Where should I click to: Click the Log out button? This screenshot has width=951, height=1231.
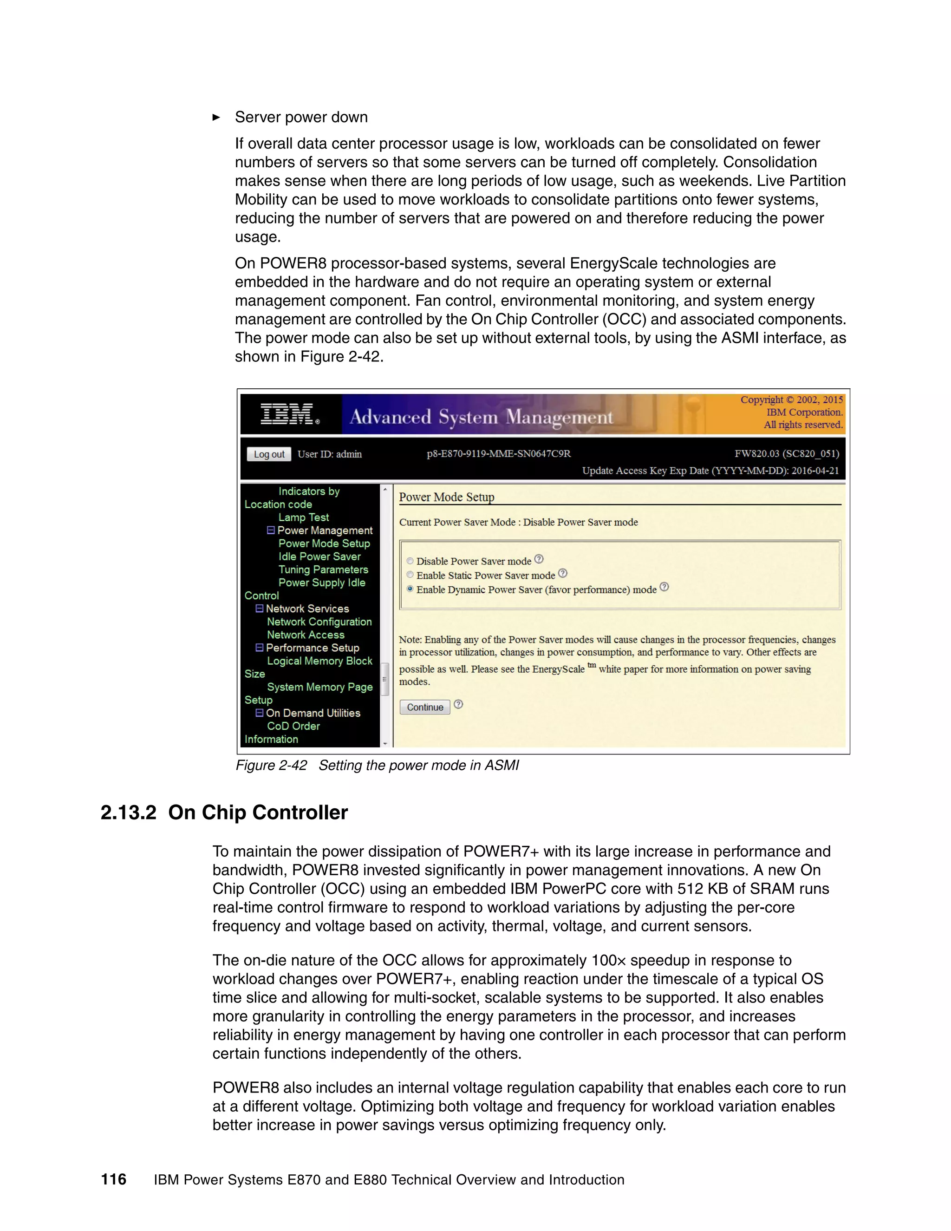(269, 454)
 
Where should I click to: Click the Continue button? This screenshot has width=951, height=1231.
(425, 707)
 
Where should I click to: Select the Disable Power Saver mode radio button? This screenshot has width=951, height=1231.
(410, 561)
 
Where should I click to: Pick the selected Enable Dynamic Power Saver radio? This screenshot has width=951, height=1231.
(410, 589)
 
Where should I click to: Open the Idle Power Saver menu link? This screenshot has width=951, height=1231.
(319, 557)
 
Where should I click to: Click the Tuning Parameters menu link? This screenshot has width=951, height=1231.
(323, 570)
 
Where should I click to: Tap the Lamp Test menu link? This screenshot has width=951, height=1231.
(303, 517)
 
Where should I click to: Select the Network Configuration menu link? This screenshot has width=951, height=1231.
(319, 622)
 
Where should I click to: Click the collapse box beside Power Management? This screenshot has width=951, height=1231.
(270, 530)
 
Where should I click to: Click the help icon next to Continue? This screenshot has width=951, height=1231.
(458, 704)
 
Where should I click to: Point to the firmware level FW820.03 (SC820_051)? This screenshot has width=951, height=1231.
(787, 454)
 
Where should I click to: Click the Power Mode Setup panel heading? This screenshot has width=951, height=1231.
(446, 497)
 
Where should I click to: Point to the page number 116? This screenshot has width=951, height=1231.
(113, 1179)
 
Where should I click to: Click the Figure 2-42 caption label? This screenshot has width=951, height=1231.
(271, 766)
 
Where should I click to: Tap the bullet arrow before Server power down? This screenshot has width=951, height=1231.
(216, 117)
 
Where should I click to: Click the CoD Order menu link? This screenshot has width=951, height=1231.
(293, 726)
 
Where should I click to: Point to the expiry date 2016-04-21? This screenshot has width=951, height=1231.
(814, 471)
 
